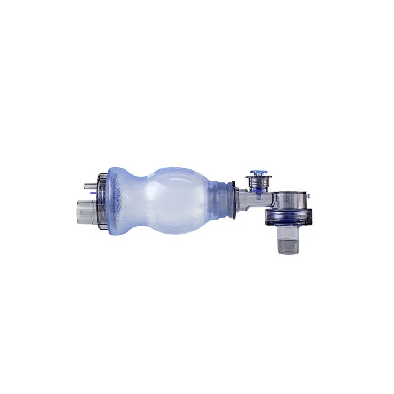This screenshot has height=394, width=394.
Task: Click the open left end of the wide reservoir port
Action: [75, 210]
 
